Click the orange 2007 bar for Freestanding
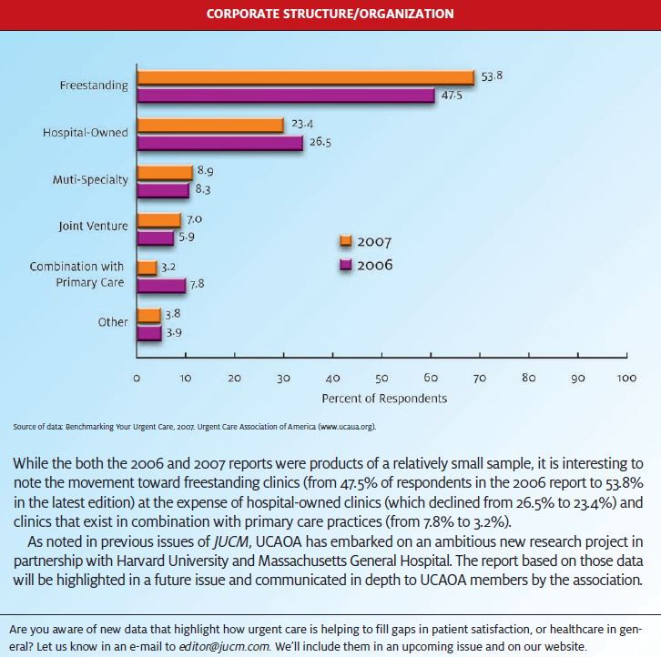(306, 78)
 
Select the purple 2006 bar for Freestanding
(286, 96)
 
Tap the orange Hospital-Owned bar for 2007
(210, 126)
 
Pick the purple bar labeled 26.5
(220, 143)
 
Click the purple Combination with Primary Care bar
(161, 286)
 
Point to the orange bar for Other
(148, 316)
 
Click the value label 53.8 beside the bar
(492, 76)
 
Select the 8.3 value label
(203, 188)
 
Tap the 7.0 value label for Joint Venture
(194, 219)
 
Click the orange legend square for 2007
(346, 241)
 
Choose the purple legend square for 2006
(346, 265)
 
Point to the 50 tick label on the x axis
(381, 378)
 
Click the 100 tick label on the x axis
(626, 378)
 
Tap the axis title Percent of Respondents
(384, 399)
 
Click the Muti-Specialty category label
(90, 180)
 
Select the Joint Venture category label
(93, 227)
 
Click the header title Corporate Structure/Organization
(330, 14)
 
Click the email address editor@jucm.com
(224, 646)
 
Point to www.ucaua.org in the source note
(347, 427)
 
